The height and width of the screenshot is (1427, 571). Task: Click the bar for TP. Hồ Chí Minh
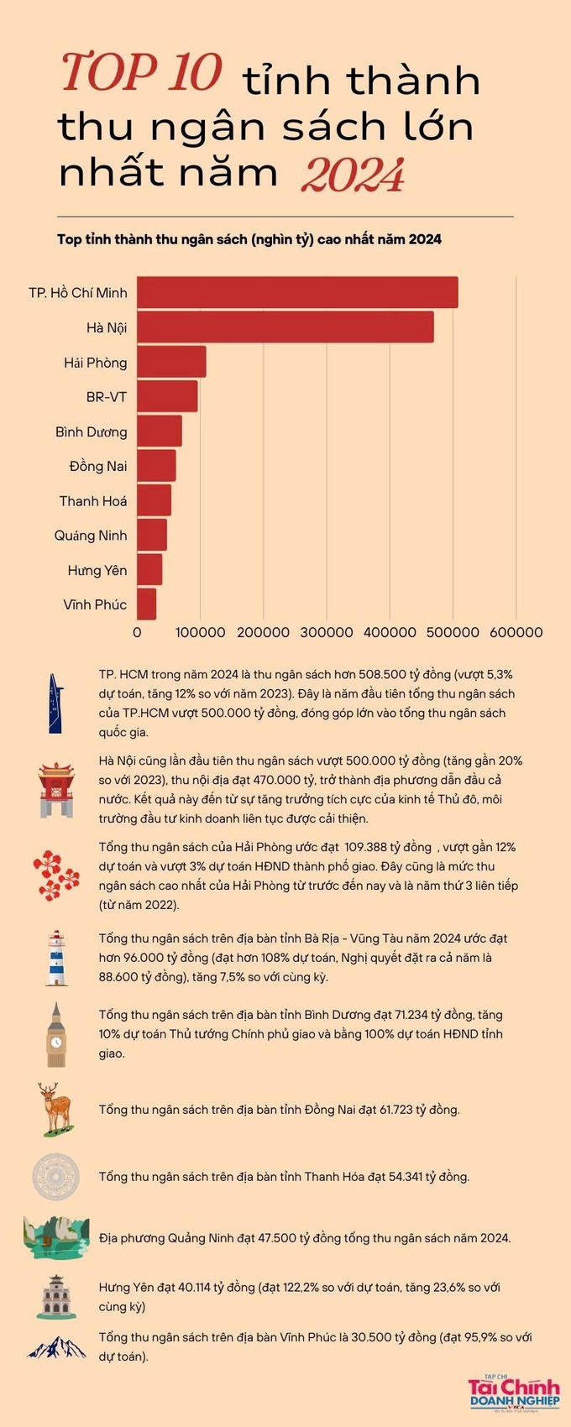click(x=297, y=292)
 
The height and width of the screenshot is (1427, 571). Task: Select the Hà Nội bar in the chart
click(x=285, y=327)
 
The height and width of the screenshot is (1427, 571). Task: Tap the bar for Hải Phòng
click(x=171, y=362)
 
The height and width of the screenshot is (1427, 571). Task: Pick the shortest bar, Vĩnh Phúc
click(x=147, y=604)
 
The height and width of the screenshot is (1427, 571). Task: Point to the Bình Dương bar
click(x=160, y=431)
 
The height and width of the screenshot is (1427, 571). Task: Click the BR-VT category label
click(x=107, y=397)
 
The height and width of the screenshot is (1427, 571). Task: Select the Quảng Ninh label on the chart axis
click(x=91, y=536)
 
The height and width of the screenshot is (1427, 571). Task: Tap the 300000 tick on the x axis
click(x=327, y=633)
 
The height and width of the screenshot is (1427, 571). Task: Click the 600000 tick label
click(x=516, y=633)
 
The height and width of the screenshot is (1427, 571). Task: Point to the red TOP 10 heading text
click(x=141, y=73)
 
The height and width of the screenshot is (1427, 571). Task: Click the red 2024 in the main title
click(x=353, y=175)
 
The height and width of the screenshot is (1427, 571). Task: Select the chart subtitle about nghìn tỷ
click(x=249, y=240)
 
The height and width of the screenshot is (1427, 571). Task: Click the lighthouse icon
click(x=57, y=958)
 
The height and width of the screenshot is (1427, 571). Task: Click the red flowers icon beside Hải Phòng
click(x=56, y=875)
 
